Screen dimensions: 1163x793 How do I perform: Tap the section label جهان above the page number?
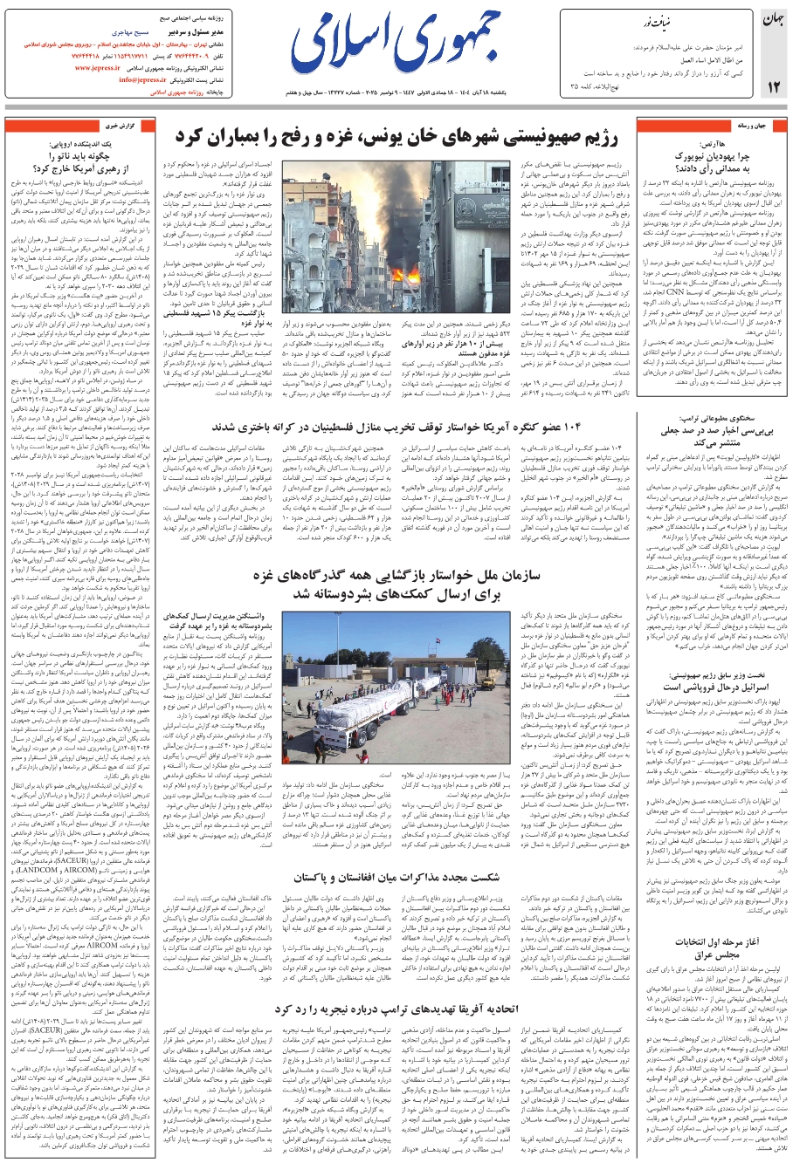[773, 20]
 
